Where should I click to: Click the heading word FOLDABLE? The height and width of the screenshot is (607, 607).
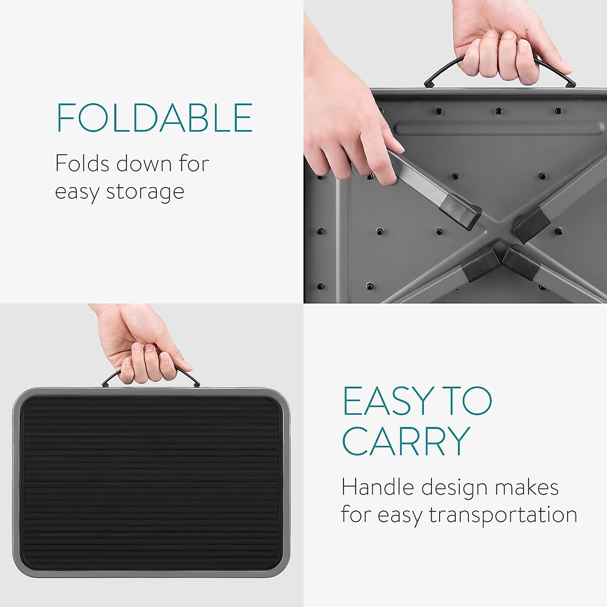pyautogui.click(x=154, y=118)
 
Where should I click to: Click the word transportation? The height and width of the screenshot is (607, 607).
pyautogui.click(x=503, y=515)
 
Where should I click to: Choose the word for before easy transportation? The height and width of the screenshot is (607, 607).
pyautogui.click(x=356, y=514)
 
